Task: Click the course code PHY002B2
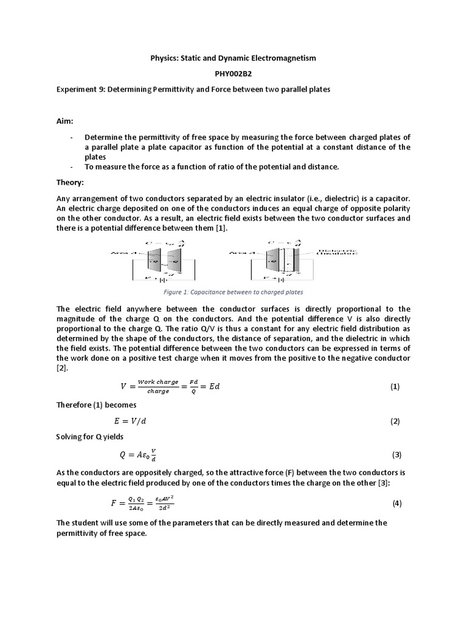click(233, 73)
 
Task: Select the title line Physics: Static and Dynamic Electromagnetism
click(233, 58)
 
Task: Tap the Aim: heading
click(66, 121)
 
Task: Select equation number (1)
click(395, 386)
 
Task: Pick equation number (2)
click(395, 421)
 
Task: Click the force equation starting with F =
click(144, 503)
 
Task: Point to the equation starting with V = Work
click(170, 386)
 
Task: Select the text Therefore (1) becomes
click(96, 404)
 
